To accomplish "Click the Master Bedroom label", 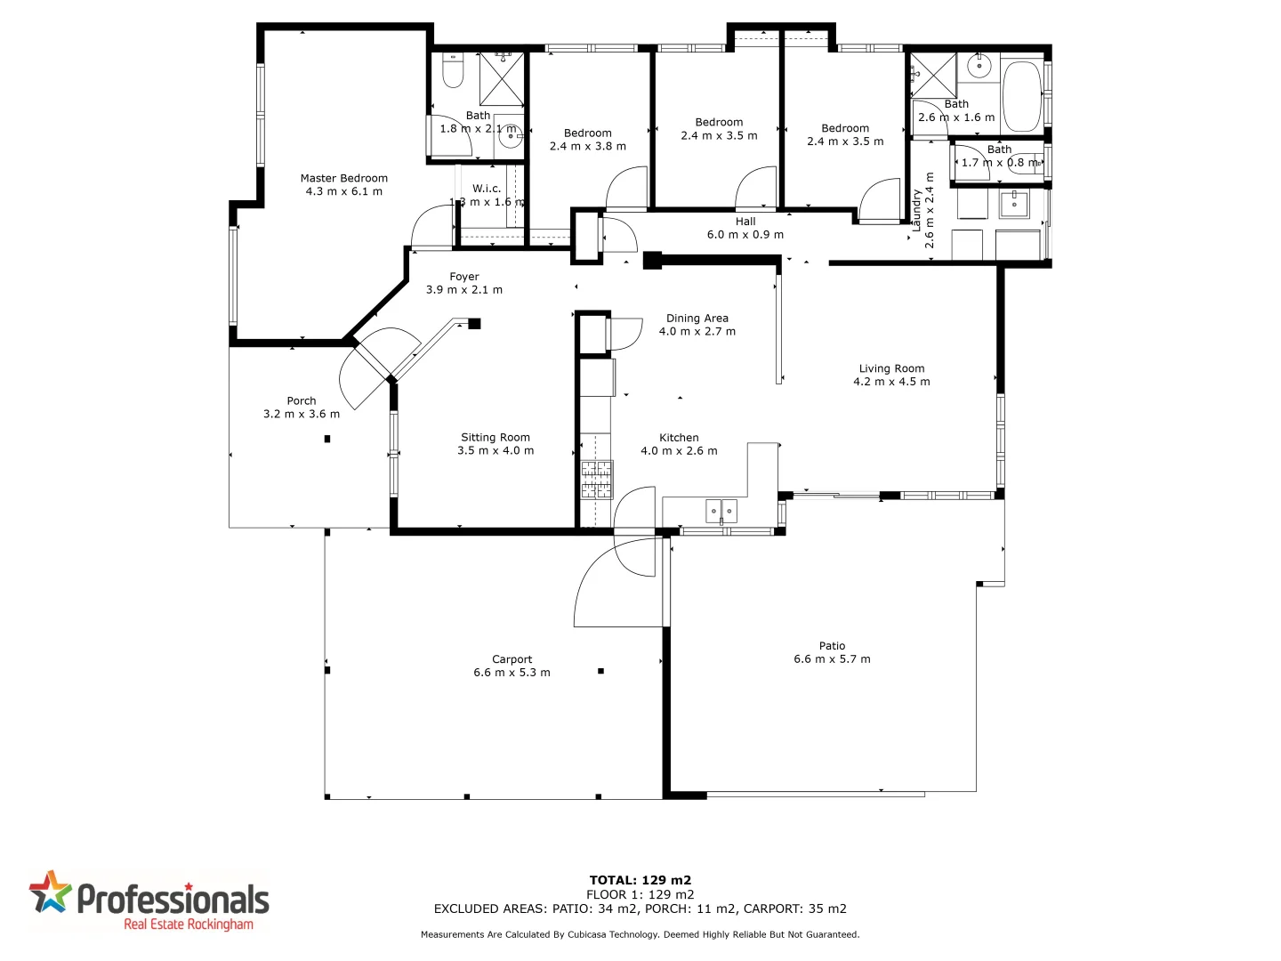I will click(343, 178).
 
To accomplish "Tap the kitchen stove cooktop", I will click(597, 479).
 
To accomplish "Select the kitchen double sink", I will click(721, 511).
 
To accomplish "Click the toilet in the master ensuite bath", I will click(453, 71).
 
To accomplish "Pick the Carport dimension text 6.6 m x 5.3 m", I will click(512, 673).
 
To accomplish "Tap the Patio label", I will click(832, 646).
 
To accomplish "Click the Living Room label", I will click(891, 368).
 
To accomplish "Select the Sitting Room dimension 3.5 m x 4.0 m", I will click(495, 451).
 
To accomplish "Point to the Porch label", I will click(302, 400).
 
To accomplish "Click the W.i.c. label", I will click(487, 189).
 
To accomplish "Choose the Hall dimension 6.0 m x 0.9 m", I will click(745, 235).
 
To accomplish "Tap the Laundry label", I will click(917, 210).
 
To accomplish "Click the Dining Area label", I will click(697, 318).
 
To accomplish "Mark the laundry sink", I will click(1013, 204).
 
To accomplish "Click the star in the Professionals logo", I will click(50, 892).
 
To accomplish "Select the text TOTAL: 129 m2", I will click(640, 880).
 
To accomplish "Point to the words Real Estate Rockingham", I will click(189, 925).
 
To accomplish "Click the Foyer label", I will click(463, 277).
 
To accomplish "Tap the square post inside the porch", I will click(327, 439).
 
